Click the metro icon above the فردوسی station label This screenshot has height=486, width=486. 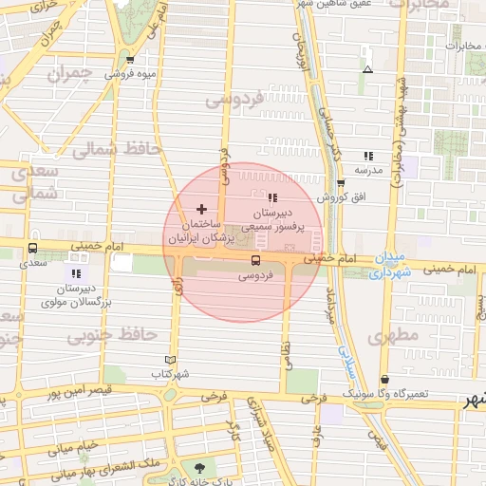pyautogui.click(x=254, y=260)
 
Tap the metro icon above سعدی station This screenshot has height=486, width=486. pyautogui.click(x=33, y=252)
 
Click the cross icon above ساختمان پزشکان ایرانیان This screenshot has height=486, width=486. pyautogui.click(x=200, y=208)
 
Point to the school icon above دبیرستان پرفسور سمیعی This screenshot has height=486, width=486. pyautogui.click(x=273, y=198)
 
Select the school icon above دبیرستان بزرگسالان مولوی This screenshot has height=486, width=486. pyautogui.click(x=76, y=273)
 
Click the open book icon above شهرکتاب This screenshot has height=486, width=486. pyautogui.click(x=171, y=360)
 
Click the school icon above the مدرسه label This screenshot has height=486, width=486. pyautogui.click(x=367, y=156)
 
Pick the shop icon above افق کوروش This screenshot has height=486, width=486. pyautogui.click(x=340, y=183)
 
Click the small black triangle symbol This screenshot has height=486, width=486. pyautogui.click(x=367, y=69)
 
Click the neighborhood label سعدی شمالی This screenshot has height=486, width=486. pyautogui.click(x=33, y=180)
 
